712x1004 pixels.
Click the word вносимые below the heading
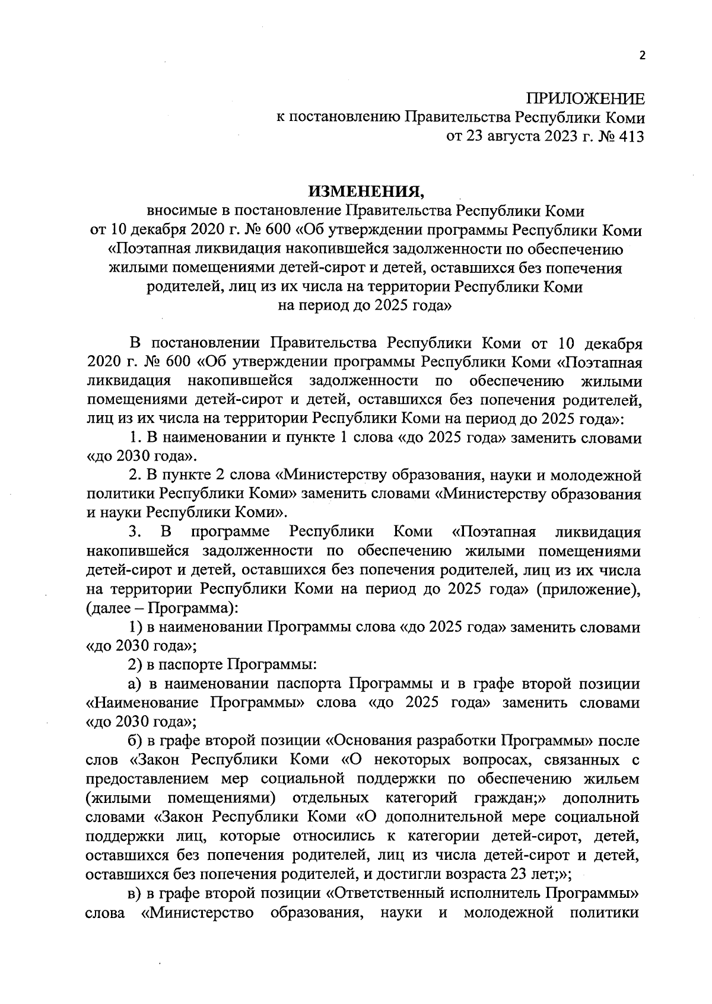pos(179,211)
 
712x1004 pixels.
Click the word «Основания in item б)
pos(368,741)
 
